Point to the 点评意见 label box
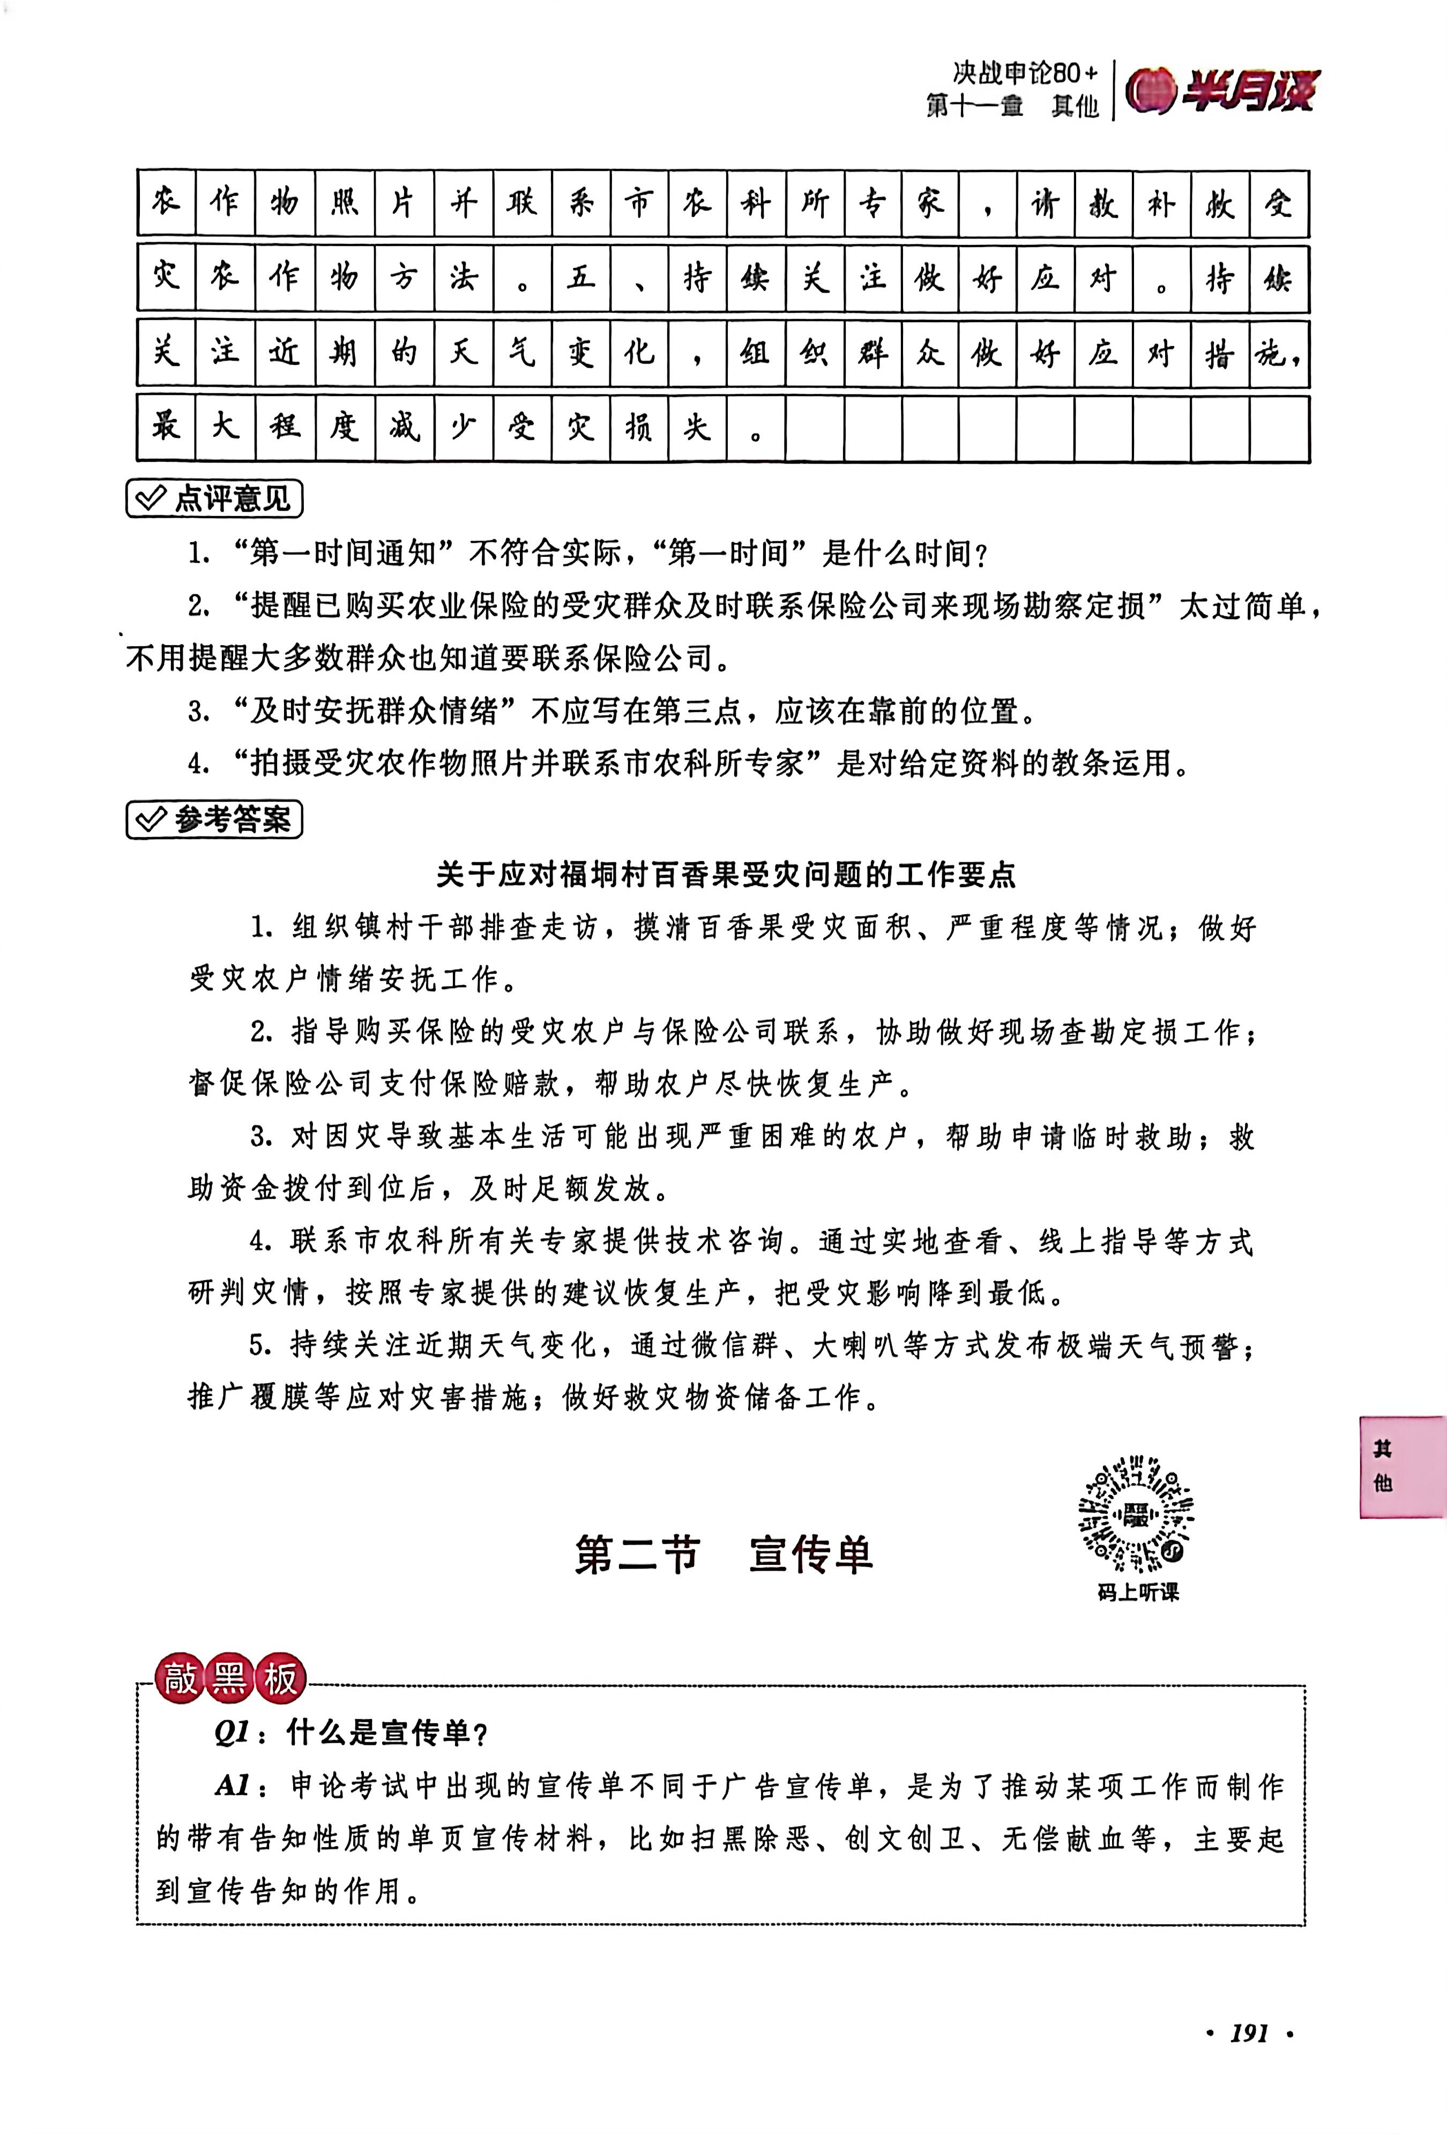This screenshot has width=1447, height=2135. [x=214, y=499]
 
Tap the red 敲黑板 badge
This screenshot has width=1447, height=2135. [x=230, y=1678]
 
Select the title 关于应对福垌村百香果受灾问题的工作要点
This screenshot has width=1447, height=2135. [x=726, y=875]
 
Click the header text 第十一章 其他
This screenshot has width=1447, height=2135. [x=1011, y=107]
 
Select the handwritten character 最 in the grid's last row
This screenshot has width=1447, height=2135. [x=166, y=427]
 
